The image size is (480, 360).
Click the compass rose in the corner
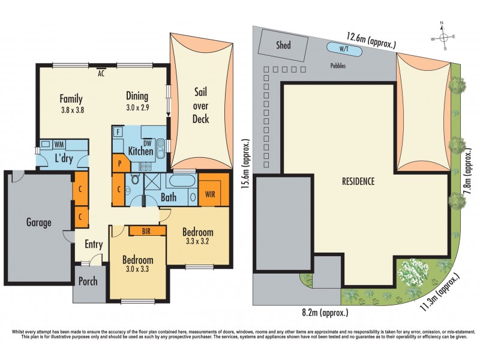pos(443,36)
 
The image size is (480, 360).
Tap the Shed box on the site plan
pos(283,45)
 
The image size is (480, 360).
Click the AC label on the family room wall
pos(102,74)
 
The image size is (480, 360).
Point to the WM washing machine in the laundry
pos(59,145)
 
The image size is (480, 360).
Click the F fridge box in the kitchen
pos(119,131)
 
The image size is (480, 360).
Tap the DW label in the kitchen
pos(148,142)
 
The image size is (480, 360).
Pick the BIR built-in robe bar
pos(146,231)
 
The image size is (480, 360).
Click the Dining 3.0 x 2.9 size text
pos(137,108)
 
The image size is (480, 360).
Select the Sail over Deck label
pos(200,106)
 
